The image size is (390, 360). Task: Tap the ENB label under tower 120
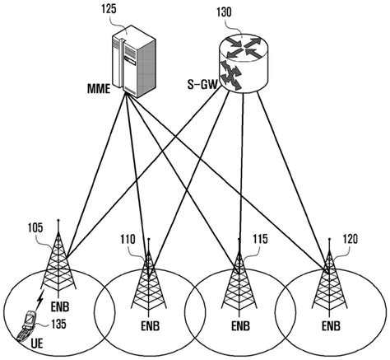pyautogui.click(x=331, y=326)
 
